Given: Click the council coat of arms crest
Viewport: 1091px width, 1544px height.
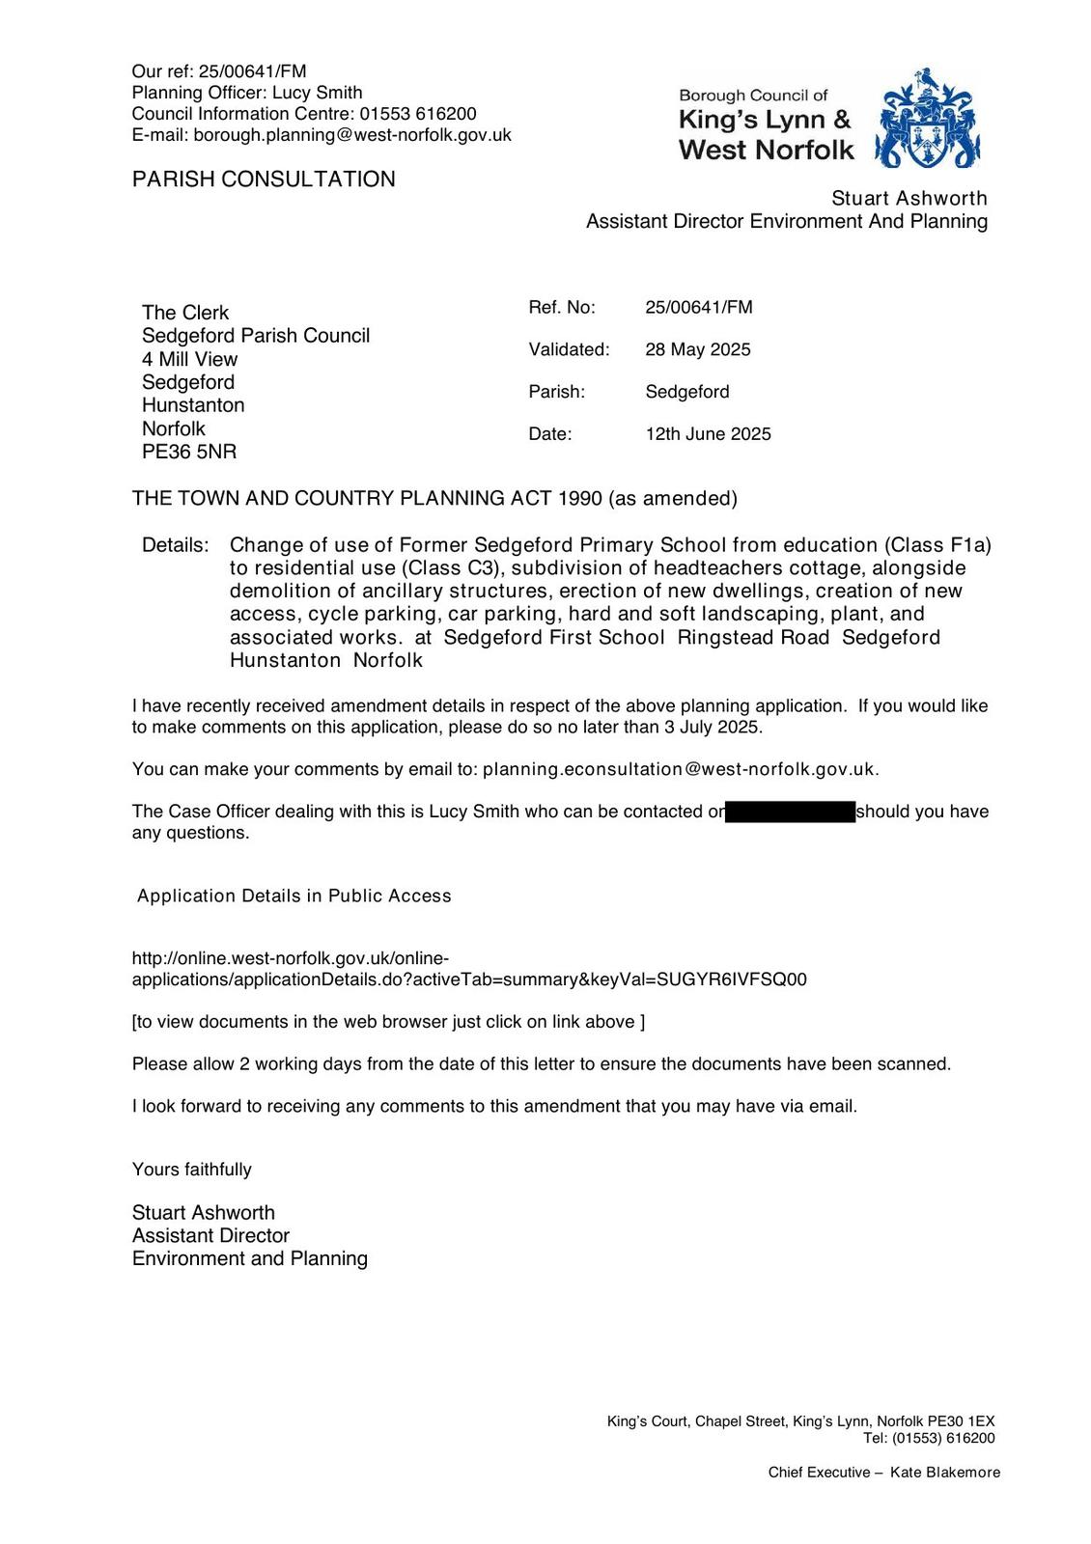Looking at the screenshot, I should point(927,119).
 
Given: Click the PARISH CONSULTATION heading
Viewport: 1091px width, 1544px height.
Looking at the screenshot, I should point(264,179).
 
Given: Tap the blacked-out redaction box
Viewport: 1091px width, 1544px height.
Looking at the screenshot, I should point(790,812).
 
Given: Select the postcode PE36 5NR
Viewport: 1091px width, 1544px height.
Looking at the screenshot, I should point(189,452).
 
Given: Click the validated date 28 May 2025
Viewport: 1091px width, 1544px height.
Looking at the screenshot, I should point(697,349).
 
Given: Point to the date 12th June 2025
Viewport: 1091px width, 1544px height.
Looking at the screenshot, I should point(708,434).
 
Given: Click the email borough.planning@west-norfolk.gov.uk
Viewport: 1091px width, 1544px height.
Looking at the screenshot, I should point(352,135).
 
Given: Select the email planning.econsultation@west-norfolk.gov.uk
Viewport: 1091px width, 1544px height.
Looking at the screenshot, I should point(680,769).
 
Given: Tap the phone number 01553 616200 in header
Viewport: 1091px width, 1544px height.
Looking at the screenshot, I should point(418,114).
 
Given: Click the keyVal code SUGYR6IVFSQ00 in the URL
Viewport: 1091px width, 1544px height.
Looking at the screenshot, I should point(732,979).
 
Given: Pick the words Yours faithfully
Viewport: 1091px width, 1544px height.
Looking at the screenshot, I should point(192,1170).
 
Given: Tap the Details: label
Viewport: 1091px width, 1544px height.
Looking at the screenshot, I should point(175,545).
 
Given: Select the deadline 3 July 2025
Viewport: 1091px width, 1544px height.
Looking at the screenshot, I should point(720,728).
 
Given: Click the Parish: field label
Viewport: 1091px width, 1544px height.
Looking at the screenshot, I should point(557,392).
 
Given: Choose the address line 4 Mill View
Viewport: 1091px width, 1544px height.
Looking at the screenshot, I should point(189,359).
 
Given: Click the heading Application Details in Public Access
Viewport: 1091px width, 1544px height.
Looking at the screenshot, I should point(294,896).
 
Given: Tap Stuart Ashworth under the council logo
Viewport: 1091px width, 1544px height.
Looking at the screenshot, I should point(909,198).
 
